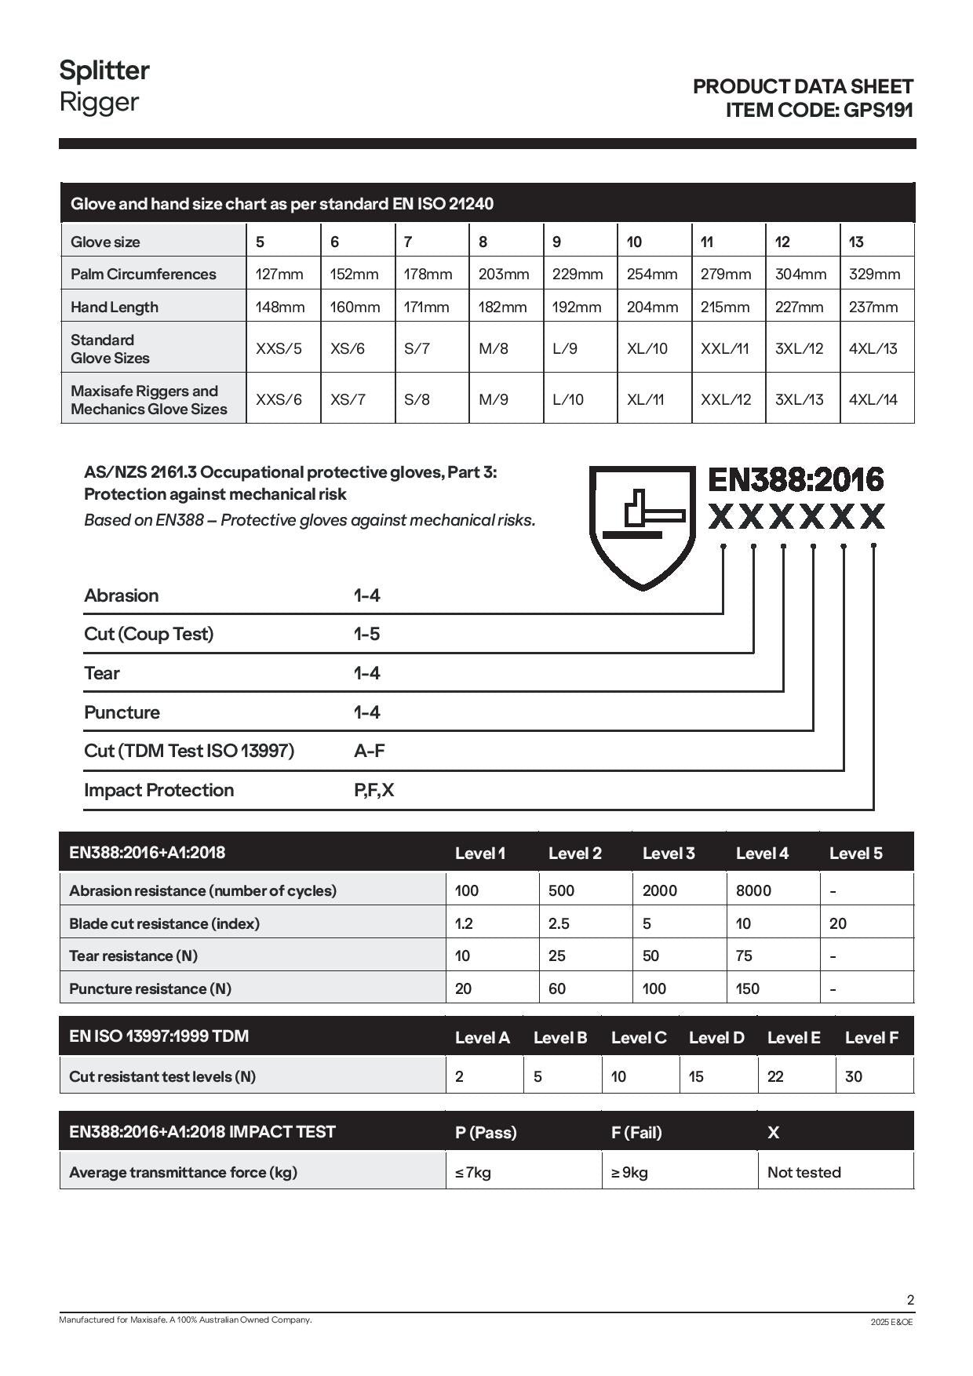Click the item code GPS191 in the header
878,110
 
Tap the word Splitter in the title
104,71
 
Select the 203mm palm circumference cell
504,274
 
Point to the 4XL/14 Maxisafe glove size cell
873,399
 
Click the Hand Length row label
115,307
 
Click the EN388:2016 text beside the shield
796,479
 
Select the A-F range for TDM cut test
370,751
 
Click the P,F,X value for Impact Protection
374,790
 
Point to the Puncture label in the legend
122,712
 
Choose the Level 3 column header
668,853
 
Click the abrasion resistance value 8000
753,890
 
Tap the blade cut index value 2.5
559,923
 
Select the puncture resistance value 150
747,988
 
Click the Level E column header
793,1037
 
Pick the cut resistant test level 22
775,1076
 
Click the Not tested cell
804,1172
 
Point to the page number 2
910,1300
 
